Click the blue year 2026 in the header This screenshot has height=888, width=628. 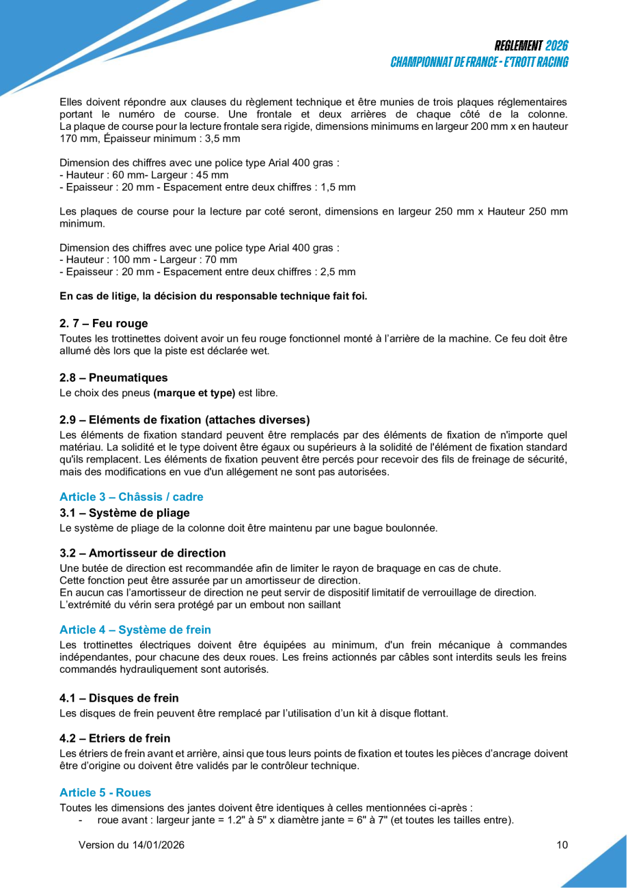(557, 46)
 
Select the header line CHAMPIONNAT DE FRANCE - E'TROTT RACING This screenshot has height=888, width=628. (479, 62)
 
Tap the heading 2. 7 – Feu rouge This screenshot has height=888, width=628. (104, 324)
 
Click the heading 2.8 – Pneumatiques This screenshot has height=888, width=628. (113, 378)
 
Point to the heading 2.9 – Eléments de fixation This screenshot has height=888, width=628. (185, 419)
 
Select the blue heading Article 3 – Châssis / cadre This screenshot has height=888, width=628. (131, 497)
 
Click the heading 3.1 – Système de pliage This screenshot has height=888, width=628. (124, 512)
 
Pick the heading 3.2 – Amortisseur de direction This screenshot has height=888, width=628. (142, 553)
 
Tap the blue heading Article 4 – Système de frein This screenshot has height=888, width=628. (135, 630)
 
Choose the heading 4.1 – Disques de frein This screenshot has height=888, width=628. (119, 697)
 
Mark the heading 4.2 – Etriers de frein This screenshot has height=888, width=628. (115, 738)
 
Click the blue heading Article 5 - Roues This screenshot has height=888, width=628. (105, 792)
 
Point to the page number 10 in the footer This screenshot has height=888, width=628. (562, 845)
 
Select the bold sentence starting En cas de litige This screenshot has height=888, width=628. (213, 296)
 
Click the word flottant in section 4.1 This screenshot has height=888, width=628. (427, 713)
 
